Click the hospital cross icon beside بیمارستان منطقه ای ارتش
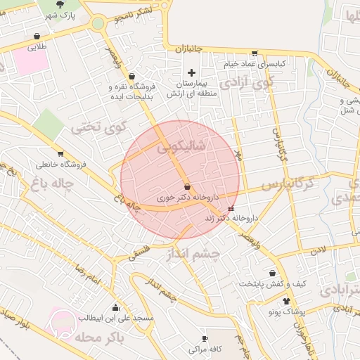click(x=191, y=72)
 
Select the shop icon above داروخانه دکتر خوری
click(x=187, y=187)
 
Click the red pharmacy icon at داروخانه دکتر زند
click(x=231, y=209)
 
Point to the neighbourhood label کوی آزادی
click(x=245, y=84)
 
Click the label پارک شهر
click(x=61, y=15)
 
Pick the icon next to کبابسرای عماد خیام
click(x=255, y=53)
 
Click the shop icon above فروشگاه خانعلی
click(x=60, y=153)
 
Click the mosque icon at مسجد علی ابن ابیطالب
click(x=115, y=307)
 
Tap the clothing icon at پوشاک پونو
click(x=267, y=301)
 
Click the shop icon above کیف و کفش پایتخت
click(x=271, y=273)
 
